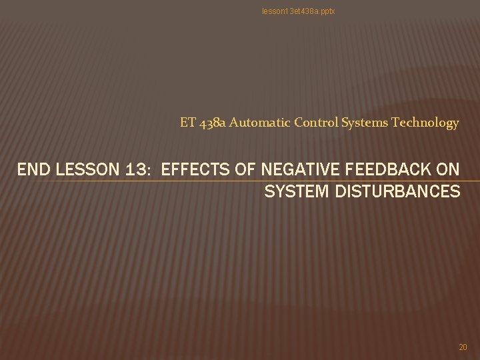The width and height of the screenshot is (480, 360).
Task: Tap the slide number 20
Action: (463, 347)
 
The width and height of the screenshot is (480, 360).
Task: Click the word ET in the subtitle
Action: (187, 123)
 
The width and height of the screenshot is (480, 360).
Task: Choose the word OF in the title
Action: (246, 170)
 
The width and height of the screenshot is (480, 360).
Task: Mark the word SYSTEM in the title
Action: (293, 192)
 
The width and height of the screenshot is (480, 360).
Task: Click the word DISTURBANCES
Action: (395, 192)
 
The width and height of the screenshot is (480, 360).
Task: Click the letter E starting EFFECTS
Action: (167, 170)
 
